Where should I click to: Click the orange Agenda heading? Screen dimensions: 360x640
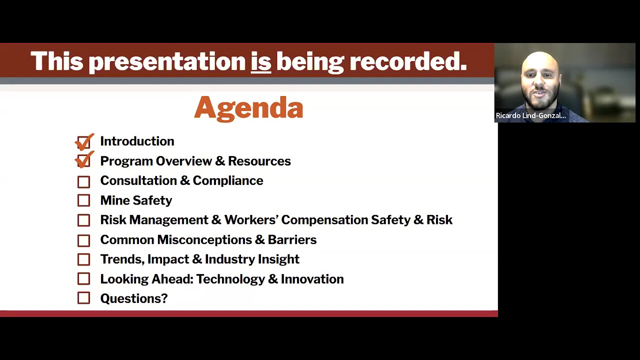248,108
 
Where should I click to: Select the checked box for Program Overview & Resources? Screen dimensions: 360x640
84,161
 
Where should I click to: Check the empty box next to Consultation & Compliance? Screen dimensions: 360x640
84,181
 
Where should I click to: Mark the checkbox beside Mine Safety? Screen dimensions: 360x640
84,200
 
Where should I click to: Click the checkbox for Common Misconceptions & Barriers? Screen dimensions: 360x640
84,240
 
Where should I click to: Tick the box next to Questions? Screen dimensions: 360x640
84,298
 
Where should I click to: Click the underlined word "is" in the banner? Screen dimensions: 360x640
260,61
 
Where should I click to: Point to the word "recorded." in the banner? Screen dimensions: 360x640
407,61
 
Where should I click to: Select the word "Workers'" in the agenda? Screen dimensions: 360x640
251,220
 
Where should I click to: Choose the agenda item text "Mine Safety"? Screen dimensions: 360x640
136,200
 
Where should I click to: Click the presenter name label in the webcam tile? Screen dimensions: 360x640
530,115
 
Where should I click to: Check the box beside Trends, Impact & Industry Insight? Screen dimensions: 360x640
84,259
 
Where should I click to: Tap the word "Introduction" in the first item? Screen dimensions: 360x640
137,141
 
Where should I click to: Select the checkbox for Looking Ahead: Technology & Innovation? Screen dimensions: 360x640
84,279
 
